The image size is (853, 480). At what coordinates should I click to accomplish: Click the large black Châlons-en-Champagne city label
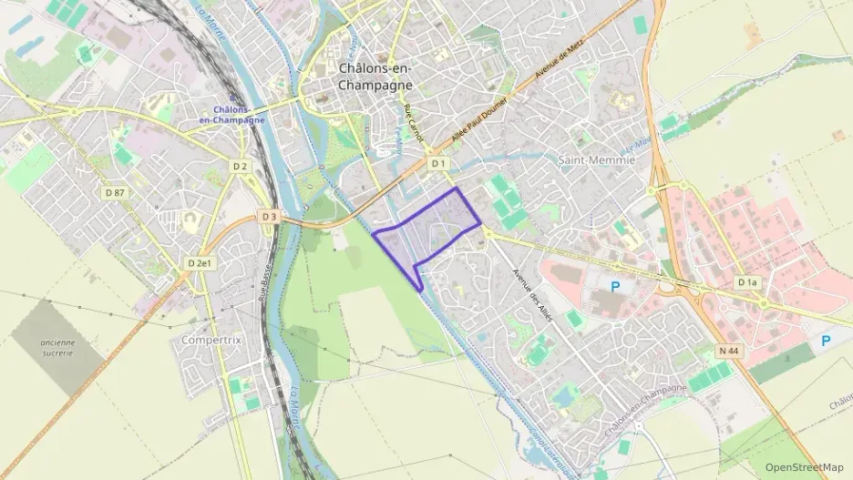coord(375,77)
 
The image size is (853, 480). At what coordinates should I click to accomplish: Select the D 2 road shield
coord(240,167)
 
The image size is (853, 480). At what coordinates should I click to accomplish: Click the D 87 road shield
coord(114,192)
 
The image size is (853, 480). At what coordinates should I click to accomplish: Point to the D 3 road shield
coord(268,217)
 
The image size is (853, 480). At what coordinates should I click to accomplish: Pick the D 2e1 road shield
coord(200,263)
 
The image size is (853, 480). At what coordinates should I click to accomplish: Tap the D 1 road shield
coord(438,163)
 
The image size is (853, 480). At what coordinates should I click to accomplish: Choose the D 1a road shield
coord(747,282)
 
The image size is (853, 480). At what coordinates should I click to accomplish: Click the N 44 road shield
coord(727,350)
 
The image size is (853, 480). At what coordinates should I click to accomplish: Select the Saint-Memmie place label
coord(595,159)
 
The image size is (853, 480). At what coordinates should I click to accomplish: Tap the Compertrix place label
coord(211,340)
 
